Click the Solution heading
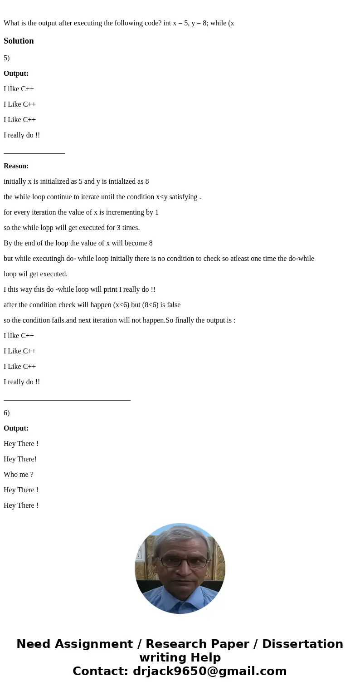click(19, 41)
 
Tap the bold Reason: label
click(16, 166)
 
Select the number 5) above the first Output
click(6, 58)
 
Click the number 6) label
click(6, 413)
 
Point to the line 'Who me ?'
click(19, 475)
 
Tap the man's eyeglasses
click(184, 562)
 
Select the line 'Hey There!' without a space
click(20, 459)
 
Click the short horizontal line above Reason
click(34, 153)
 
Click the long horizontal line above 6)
click(67, 400)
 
